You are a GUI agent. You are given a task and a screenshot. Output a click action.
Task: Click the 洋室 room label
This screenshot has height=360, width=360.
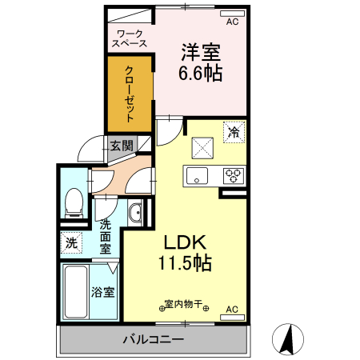200,53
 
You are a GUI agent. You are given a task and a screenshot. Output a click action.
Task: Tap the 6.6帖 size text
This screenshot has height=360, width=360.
200,73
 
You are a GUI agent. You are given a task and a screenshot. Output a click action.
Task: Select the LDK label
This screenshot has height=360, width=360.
186,242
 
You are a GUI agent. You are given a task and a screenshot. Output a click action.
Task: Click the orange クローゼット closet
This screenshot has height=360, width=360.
130,93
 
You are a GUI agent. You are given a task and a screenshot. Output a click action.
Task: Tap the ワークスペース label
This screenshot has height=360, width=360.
130,38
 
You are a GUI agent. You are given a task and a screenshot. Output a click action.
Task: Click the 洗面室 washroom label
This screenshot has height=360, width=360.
105,237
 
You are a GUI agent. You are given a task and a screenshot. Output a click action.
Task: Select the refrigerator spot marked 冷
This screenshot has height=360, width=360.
234,131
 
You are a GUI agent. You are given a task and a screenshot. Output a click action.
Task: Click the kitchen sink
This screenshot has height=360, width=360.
197,175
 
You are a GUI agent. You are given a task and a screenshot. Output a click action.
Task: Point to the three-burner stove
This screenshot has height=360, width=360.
233,175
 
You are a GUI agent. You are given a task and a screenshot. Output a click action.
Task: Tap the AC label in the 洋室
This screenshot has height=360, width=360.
233,22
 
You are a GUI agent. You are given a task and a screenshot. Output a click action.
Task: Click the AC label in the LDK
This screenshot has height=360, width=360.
232,310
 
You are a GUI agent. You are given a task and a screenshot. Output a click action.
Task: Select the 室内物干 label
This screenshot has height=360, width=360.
182,305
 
